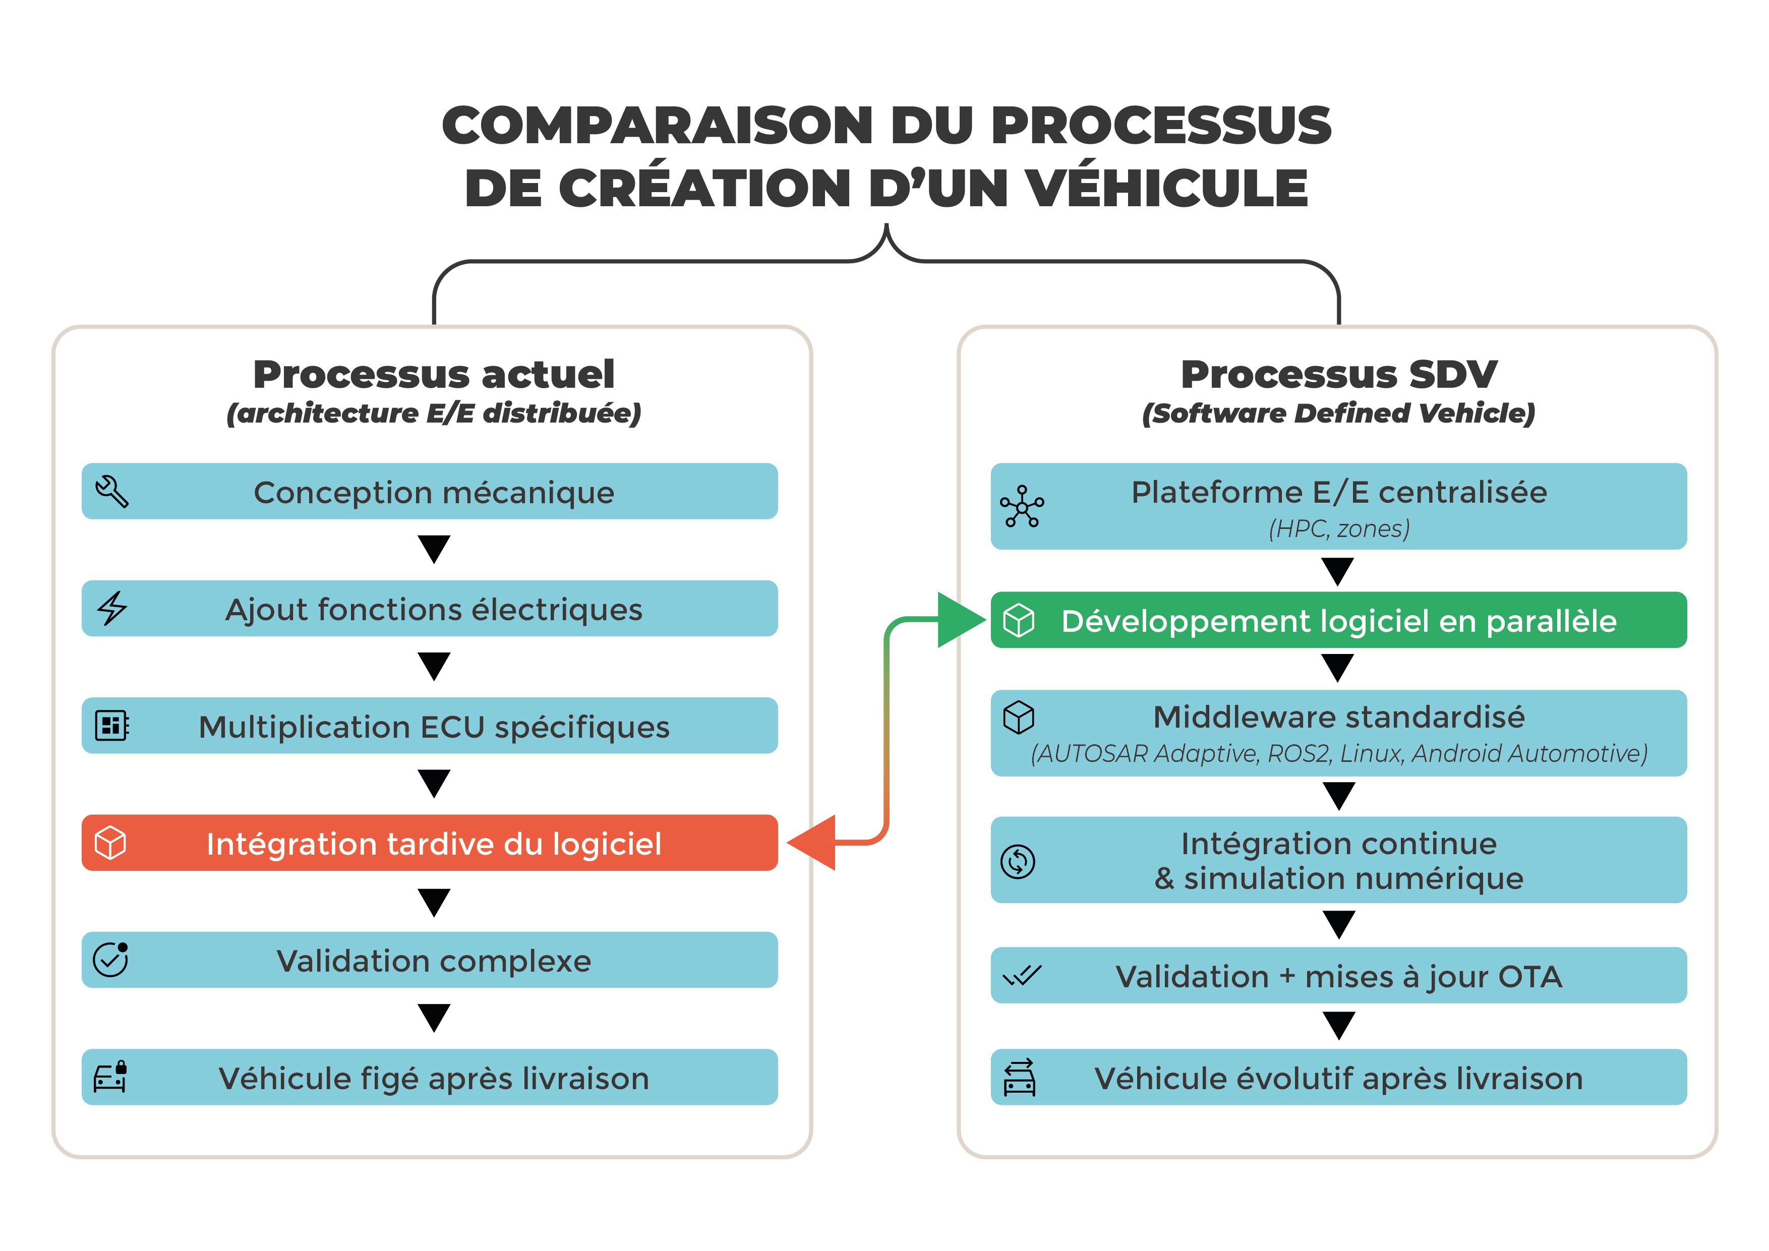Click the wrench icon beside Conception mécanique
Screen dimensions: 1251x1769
point(112,492)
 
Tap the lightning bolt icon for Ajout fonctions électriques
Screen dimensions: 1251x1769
point(112,609)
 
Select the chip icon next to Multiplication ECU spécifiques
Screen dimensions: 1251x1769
point(112,726)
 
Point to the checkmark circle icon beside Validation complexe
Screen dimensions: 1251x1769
point(111,960)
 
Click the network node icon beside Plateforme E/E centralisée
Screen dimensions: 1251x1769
point(1022,506)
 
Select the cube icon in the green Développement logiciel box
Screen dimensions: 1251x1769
point(1019,620)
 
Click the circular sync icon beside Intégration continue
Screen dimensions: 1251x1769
point(1018,861)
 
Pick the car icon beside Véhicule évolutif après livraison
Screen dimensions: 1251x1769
point(1019,1077)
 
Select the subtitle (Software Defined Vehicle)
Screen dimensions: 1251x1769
point(1338,413)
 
